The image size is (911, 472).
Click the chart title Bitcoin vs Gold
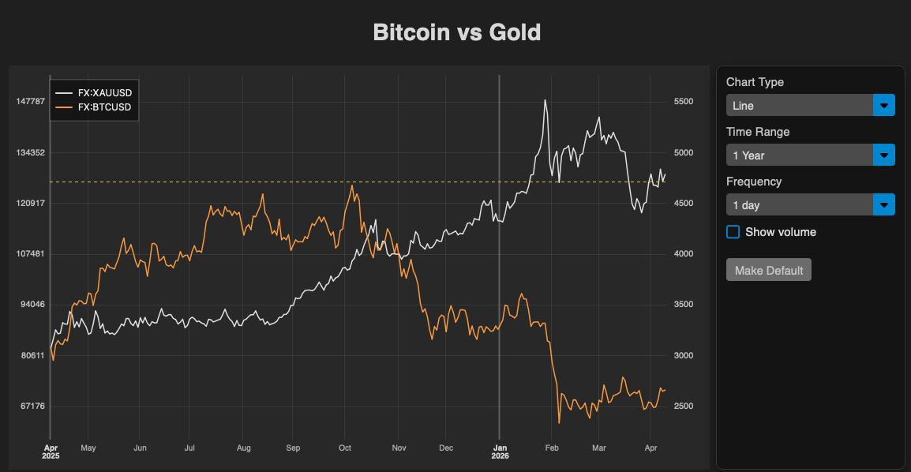tap(456, 32)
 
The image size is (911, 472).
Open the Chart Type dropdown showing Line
tap(810, 105)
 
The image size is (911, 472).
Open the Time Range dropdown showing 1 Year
tap(810, 155)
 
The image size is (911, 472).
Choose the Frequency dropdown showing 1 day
tap(810, 205)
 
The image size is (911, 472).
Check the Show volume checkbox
tap(733, 232)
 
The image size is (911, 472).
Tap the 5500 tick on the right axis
tap(683, 102)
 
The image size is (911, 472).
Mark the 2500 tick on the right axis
tap(683, 406)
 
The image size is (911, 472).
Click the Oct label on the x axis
tap(344, 448)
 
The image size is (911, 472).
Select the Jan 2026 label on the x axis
tap(500, 451)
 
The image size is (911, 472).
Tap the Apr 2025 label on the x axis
tap(51, 451)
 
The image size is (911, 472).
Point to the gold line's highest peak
tap(545, 100)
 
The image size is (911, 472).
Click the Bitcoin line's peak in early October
tap(352, 185)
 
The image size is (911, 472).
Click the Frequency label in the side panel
tap(754, 182)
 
